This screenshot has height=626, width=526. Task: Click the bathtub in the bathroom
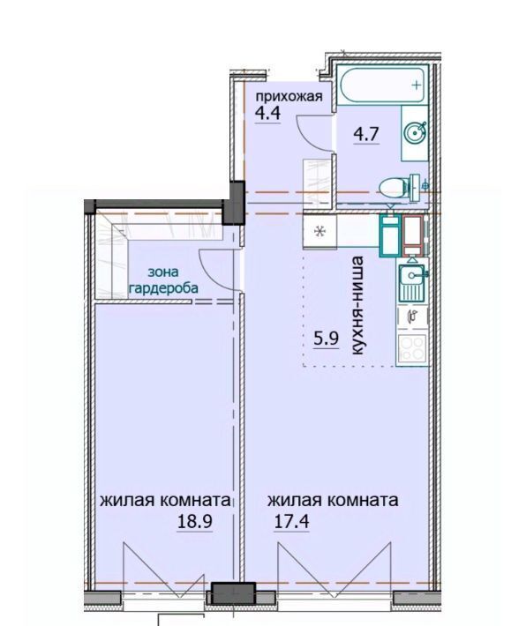(382, 85)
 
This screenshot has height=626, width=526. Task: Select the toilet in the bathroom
(399, 187)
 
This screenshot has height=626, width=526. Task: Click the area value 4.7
(365, 134)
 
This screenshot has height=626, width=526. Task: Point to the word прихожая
(289, 97)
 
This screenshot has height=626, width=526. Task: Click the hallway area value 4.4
(267, 114)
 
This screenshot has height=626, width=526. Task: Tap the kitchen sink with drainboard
(412, 282)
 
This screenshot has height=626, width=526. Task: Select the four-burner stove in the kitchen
(412, 349)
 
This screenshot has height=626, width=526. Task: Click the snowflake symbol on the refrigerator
(319, 231)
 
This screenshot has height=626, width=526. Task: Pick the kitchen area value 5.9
(327, 339)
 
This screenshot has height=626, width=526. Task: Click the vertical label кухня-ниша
(357, 305)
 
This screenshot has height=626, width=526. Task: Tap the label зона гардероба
(163, 280)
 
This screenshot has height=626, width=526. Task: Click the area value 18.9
(194, 521)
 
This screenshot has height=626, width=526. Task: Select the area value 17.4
(291, 521)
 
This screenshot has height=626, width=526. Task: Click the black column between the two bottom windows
(233, 594)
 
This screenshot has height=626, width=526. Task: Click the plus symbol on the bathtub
(417, 85)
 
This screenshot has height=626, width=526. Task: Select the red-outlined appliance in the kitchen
(412, 235)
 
